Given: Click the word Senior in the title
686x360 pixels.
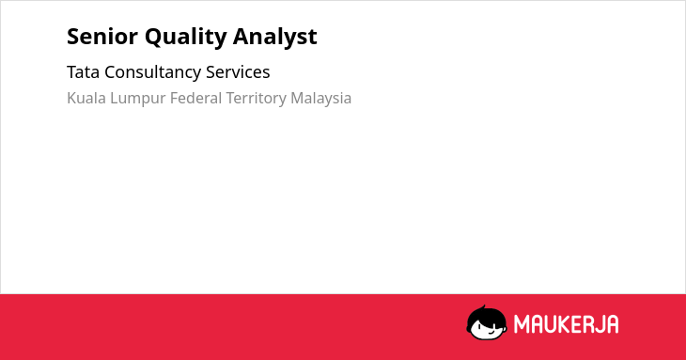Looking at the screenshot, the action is [102, 37].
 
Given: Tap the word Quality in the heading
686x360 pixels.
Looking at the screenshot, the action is [186, 38].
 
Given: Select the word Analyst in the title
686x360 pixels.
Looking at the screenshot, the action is [274, 38].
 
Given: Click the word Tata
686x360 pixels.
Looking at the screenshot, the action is [83, 72].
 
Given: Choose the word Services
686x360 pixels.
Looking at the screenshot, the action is [238, 72].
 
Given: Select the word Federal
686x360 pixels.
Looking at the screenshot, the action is [196, 98].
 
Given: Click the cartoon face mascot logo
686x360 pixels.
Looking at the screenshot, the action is [487, 322].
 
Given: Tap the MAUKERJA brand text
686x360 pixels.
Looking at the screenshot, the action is [566, 324].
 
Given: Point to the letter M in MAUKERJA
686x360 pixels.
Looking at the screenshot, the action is [521, 324].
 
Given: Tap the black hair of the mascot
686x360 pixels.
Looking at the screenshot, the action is [486, 313].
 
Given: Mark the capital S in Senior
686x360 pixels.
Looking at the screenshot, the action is [73, 37].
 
